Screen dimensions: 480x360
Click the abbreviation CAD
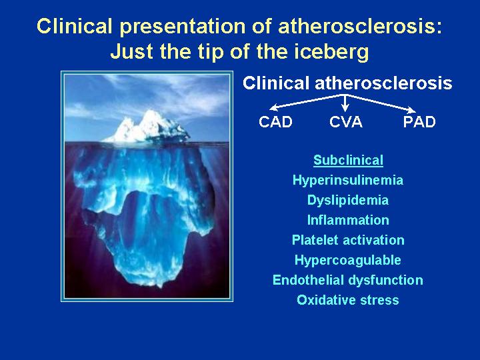[x=275, y=122]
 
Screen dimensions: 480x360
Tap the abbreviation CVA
[x=346, y=122]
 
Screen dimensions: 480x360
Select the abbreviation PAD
[x=419, y=122]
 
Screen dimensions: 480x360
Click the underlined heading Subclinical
[x=349, y=161]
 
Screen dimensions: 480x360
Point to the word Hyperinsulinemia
[x=348, y=180]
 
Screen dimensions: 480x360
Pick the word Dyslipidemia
[x=348, y=200]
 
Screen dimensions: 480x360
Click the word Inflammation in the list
[x=348, y=220]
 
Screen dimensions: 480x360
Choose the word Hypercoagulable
[x=348, y=260]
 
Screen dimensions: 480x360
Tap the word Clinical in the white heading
[x=276, y=83]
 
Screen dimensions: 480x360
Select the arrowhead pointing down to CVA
[x=345, y=107]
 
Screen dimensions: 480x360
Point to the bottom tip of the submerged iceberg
[x=159, y=287]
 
